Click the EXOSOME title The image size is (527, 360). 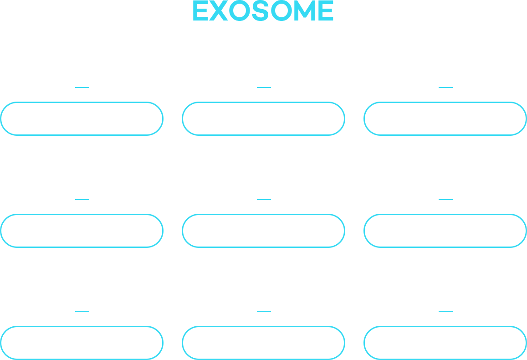(x=263, y=11)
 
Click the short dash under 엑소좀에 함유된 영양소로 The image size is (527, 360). (x=263, y=199)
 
